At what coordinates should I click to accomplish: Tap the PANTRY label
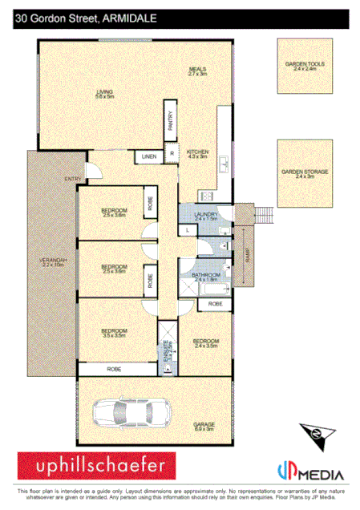(x=170, y=118)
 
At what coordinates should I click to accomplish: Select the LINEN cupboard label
(x=149, y=156)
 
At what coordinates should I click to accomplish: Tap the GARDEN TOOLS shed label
(x=301, y=66)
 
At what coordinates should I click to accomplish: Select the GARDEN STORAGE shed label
(x=301, y=172)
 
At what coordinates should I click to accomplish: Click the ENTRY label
(x=74, y=179)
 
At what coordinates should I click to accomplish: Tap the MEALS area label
(x=198, y=71)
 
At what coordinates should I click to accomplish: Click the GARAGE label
(x=204, y=426)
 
